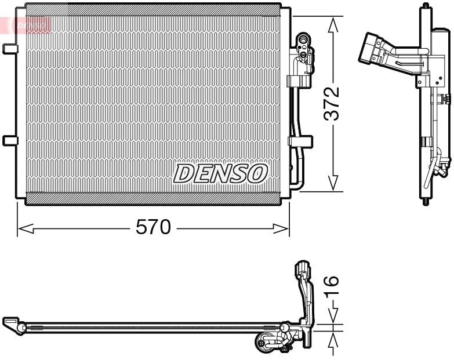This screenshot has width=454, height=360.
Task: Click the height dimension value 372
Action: pos(331,104)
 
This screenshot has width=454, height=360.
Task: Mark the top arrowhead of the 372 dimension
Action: pos(333,23)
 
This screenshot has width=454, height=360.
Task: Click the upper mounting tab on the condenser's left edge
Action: pos(10,49)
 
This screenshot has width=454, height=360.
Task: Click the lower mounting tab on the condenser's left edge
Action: pos(10,140)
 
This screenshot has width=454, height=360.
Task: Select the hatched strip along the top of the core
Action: pos(153,12)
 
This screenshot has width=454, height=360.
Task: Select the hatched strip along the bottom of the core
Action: pos(153,198)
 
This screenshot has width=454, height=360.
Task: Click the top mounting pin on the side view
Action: pos(427,6)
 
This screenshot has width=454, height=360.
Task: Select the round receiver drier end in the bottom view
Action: pos(267,345)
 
